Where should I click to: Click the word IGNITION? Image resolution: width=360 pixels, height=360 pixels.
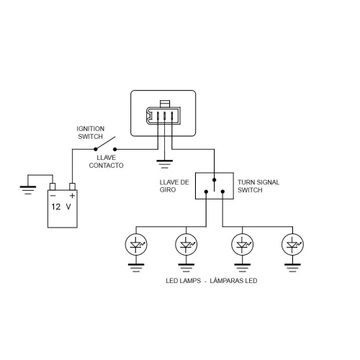(x=91, y=129)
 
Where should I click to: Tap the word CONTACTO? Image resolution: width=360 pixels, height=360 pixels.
(x=106, y=166)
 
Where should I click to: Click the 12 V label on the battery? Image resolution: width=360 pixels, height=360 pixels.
(x=61, y=207)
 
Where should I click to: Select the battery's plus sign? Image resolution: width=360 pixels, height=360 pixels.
(x=72, y=196)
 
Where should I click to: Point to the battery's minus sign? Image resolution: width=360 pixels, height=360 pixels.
(x=53, y=196)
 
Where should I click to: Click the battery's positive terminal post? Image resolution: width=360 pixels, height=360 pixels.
(x=72, y=186)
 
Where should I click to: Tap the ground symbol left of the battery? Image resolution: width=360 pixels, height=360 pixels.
(x=28, y=190)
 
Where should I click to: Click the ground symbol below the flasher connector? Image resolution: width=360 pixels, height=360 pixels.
(x=164, y=164)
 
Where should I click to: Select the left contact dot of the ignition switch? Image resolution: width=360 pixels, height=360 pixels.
(x=96, y=149)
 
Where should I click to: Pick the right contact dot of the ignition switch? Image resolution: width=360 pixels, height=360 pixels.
(x=115, y=149)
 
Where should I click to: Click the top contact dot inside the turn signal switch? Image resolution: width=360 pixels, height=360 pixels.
(x=214, y=180)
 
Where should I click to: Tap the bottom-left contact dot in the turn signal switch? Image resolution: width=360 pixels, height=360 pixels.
(x=206, y=192)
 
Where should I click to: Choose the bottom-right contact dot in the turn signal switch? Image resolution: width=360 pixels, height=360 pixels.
(x=222, y=192)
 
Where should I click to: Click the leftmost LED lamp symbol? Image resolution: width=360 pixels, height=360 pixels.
(x=136, y=245)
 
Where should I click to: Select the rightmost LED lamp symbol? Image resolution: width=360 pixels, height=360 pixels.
(x=292, y=245)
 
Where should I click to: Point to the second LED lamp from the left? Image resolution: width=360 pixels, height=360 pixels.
(x=186, y=245)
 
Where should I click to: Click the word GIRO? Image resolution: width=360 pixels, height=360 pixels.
(x=168, y=190)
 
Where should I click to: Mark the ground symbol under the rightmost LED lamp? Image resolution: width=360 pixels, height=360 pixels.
(x=292, y=268)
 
